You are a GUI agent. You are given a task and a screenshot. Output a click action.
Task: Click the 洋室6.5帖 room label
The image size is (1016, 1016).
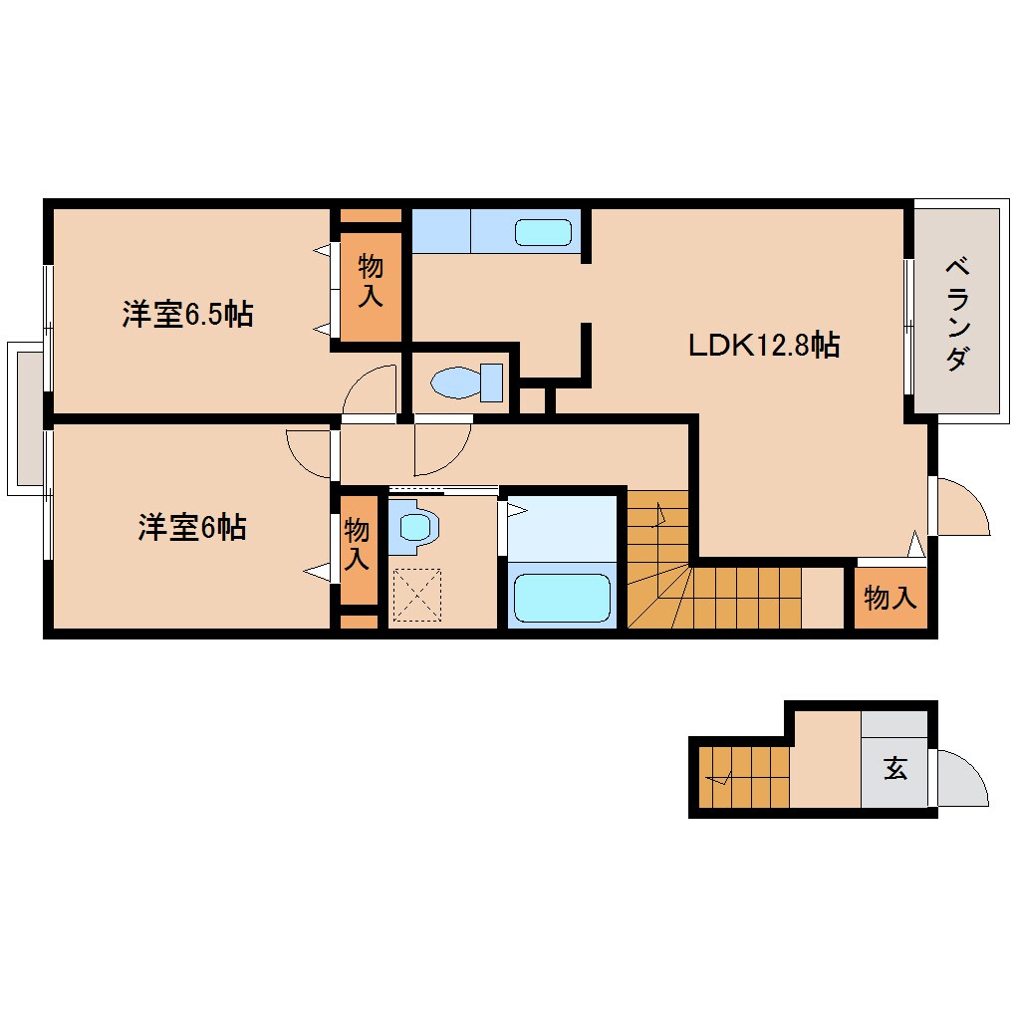187,315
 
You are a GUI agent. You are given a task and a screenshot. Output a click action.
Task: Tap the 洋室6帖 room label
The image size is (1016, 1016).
191,527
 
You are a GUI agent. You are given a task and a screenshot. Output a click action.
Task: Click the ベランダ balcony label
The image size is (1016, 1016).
955,314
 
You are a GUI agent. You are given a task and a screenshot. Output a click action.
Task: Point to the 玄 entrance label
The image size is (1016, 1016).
894,769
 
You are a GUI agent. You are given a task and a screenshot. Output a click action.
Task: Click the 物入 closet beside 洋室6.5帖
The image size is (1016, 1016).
371,282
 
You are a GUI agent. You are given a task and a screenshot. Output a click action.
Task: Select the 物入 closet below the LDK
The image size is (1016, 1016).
889,599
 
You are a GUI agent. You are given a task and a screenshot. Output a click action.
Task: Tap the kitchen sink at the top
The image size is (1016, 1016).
544,233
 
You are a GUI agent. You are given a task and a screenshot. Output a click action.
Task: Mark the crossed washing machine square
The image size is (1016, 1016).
415,595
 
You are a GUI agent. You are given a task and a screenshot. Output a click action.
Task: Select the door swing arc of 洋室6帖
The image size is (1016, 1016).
308,453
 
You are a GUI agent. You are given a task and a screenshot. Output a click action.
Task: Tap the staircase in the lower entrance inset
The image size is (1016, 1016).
743,777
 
